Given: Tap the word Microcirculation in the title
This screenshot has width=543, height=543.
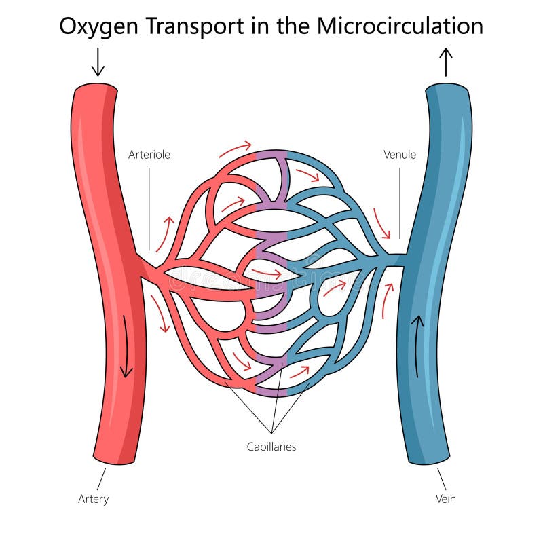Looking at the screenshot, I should tap(400, 26).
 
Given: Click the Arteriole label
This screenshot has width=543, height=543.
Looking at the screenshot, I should tap(149, 155).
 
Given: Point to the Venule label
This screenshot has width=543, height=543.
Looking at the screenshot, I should tap(400, 155).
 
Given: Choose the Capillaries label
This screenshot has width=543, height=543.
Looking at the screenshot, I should tap(271, 447).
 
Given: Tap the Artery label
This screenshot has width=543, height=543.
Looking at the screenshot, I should tap(93, 500).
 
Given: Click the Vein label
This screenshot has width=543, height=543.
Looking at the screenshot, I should tap(445, 500).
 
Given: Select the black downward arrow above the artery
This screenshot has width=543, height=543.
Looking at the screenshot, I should tap(98, 62).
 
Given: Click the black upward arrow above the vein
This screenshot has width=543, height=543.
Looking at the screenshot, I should tap(446, 62).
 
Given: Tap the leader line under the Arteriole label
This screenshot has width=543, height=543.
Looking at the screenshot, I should tap(149, 207).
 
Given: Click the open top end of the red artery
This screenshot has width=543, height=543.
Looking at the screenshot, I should tap(96, 88).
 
